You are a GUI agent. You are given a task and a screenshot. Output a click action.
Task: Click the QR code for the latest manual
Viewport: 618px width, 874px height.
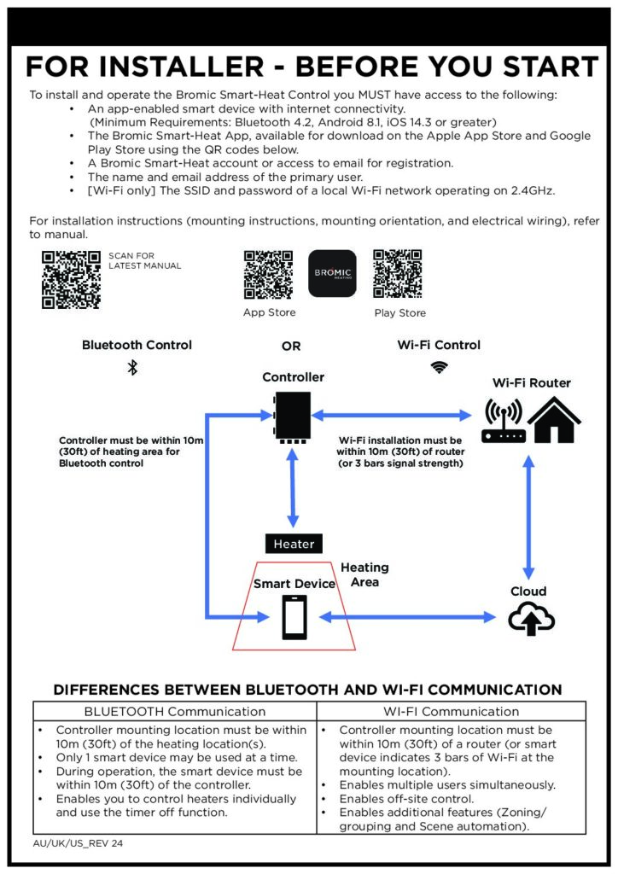pos(72,280)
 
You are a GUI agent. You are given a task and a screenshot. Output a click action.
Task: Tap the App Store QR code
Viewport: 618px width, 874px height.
pos(268,274)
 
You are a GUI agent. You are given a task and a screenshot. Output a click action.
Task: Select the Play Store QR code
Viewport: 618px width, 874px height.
pos(397,274)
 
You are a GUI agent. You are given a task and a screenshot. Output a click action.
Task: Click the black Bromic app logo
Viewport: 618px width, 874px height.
pos(332,273)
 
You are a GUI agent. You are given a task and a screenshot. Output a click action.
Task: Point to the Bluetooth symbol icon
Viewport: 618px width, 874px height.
pos(132,367)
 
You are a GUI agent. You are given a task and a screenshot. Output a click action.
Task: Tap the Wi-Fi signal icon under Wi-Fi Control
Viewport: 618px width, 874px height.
pos(439,367)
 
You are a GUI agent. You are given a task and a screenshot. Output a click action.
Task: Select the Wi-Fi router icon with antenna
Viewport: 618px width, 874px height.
pos(504,421)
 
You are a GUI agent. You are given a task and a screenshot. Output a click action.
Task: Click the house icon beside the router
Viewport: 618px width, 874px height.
pos(554,420)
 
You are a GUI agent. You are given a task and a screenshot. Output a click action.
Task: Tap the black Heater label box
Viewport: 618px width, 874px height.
pos(294,544)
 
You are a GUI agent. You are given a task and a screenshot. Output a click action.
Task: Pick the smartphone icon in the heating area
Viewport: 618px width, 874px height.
pos(294,617)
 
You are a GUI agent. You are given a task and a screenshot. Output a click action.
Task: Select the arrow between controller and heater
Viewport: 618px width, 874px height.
pos(293,487)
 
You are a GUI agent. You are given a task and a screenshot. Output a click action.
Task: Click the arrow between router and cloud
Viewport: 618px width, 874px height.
pos(529,517)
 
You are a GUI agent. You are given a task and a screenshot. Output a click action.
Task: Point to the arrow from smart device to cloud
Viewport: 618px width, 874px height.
pos(407,617)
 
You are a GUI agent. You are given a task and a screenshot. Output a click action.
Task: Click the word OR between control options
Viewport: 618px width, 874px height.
pos(291,347)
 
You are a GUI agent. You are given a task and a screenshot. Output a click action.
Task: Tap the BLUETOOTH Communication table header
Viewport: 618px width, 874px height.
pos(174,711)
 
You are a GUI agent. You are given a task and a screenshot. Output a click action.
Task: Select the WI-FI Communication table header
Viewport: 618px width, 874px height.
pos(451,711)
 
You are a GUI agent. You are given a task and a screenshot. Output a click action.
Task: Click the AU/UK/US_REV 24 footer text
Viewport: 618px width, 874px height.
pos(78,843)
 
